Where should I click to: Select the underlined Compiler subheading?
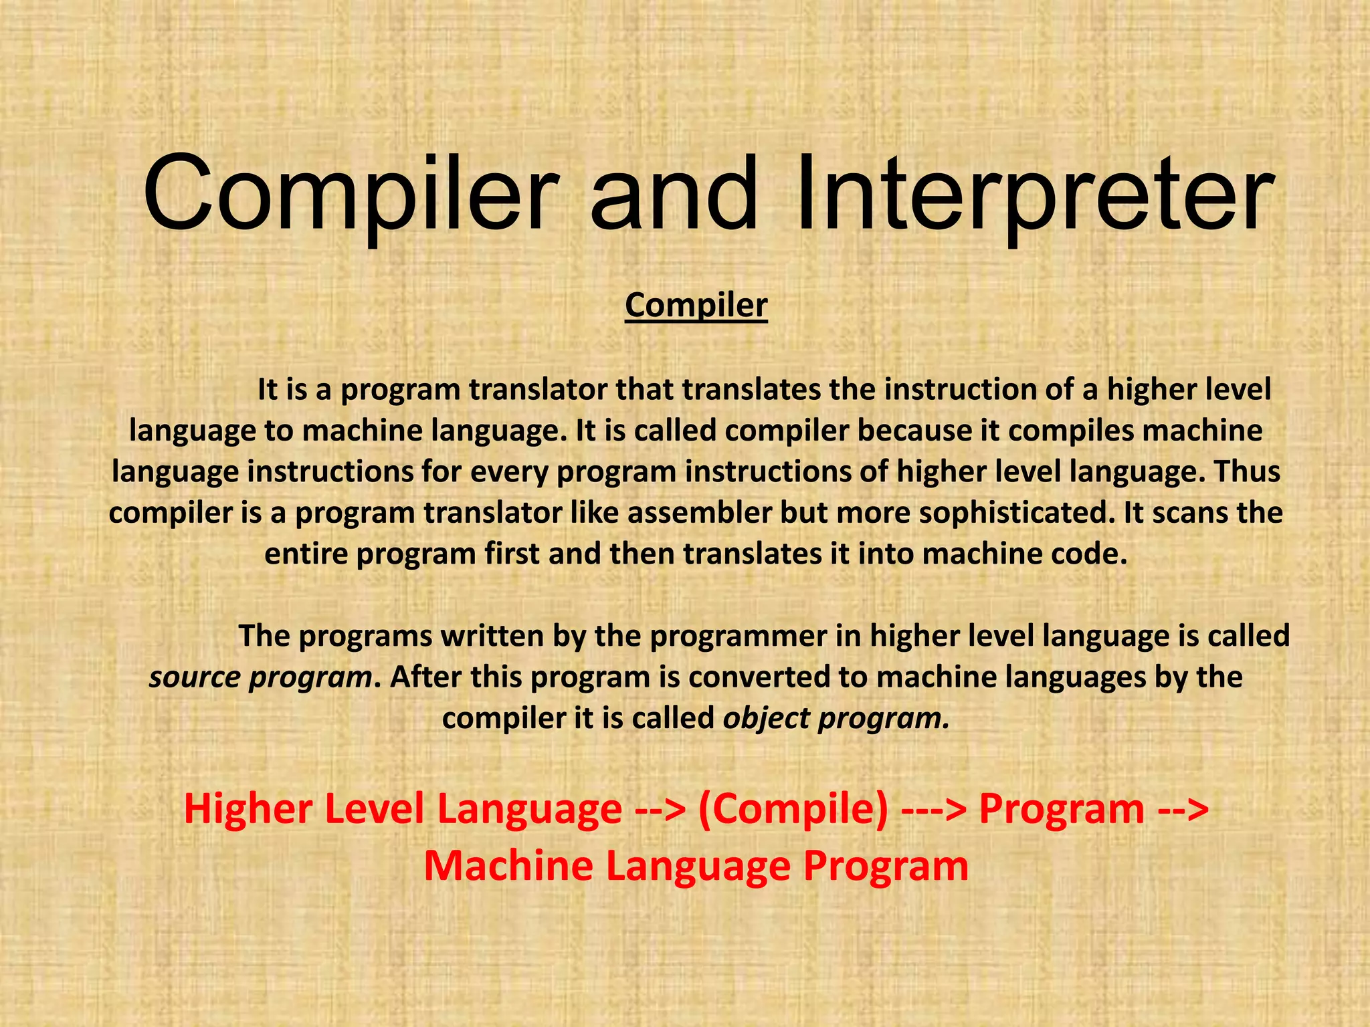pyautogui.click(x=696, y=306)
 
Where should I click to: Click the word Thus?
pyautogui.click(x=1246, y=471)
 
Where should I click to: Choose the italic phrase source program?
pyautogui.click(x=260, y=677)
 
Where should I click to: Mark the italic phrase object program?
pyautogui.click(x=836, y=718)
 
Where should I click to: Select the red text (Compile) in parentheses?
pyautogui.click(x=793, y=809)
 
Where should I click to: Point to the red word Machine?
pyautogui.click(x=509, y=866)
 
